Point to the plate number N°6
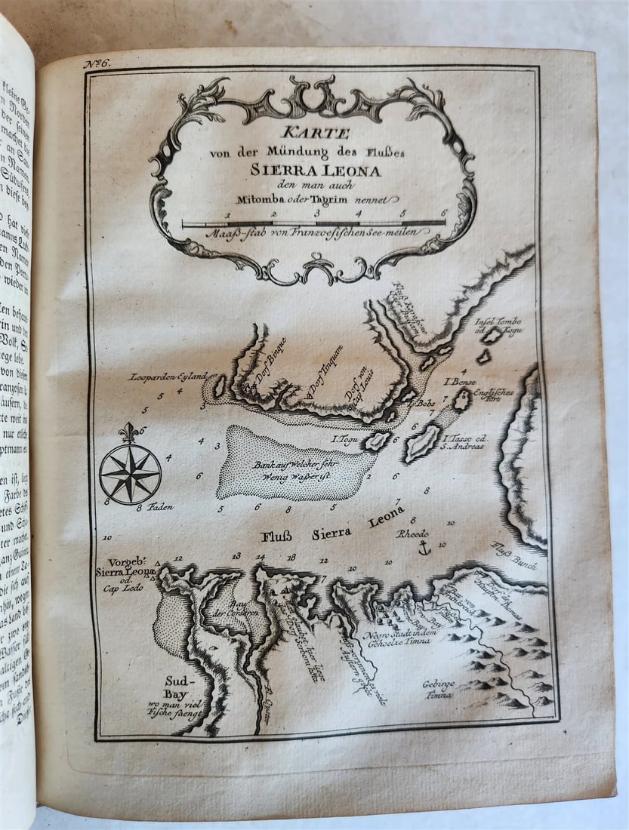pos(97,63)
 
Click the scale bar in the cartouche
pos(313,224)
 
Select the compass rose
pos(130,473)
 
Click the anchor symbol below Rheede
pos(424,549)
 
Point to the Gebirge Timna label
pos(437,689)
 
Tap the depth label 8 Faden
pos(155,507)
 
